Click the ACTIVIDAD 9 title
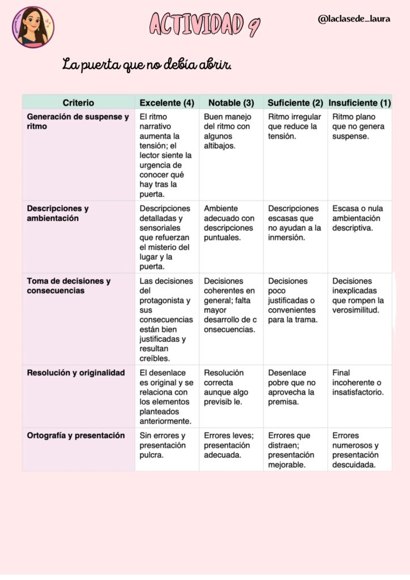pyautogui.click(x=204, y=23)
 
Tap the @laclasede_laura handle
pyautogui.click(x=354, y=19)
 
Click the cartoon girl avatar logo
pyautogui.click(x=33, y=26)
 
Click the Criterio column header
pyautogui.click(x=78, y=103)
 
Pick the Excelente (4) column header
pyautogui.click(x=166, y=103)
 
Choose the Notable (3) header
pyautogui.click(x=231, y=103)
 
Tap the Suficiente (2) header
pyautogui.click(x=295, y=103)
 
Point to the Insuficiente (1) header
pyautogui.click(x=360, y=103)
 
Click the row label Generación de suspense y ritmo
pyautogui.click(x=78, y=122)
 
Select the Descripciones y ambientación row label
pyautogui.click(x=58, y=213)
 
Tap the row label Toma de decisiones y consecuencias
pyautogui.click(x=69, y=285)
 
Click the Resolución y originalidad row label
pyautogui.click(x=75, y=373)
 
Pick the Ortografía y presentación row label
pyautogui.click(x=75, y=436)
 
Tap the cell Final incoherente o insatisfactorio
pyautogui.click(x=357, y=382)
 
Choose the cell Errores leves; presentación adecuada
pyautogui.click(x=229, y=445)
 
